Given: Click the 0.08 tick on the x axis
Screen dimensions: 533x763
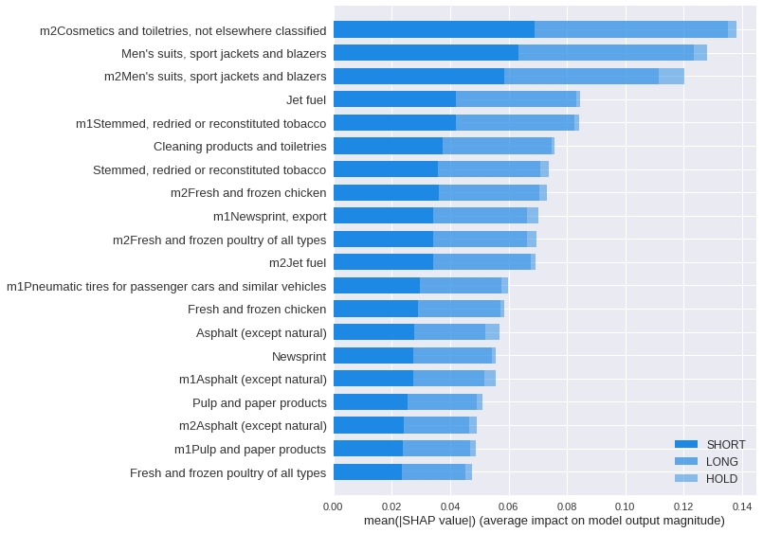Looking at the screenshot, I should click(566, 506).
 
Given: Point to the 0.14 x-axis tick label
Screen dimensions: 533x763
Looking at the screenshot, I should click(741, 506).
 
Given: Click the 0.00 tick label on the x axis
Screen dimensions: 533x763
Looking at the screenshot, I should click(333, 506).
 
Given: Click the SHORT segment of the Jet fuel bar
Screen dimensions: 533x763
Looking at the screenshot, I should click(394, 99).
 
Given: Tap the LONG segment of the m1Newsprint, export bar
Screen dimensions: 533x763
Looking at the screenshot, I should click(480, 216).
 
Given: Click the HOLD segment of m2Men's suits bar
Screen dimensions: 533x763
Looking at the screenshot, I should click(671, 76).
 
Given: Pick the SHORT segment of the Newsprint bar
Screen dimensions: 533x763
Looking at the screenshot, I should click(372, 356).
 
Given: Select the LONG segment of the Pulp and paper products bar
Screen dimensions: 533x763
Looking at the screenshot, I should click(442, 402).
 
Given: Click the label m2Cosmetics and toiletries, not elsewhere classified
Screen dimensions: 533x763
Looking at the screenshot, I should click(183, 30).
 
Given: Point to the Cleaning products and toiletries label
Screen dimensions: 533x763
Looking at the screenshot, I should click(240, 146).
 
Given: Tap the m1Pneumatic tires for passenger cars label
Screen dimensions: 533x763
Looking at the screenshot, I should click(166, 286).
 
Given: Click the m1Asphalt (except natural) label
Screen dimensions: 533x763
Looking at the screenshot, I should click(253, 379).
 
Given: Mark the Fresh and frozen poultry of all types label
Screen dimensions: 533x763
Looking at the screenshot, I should click(227, 472).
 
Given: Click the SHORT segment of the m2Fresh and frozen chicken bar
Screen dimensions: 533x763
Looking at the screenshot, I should click(386, 192).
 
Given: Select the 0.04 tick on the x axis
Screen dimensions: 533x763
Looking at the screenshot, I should click(449, 506).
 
